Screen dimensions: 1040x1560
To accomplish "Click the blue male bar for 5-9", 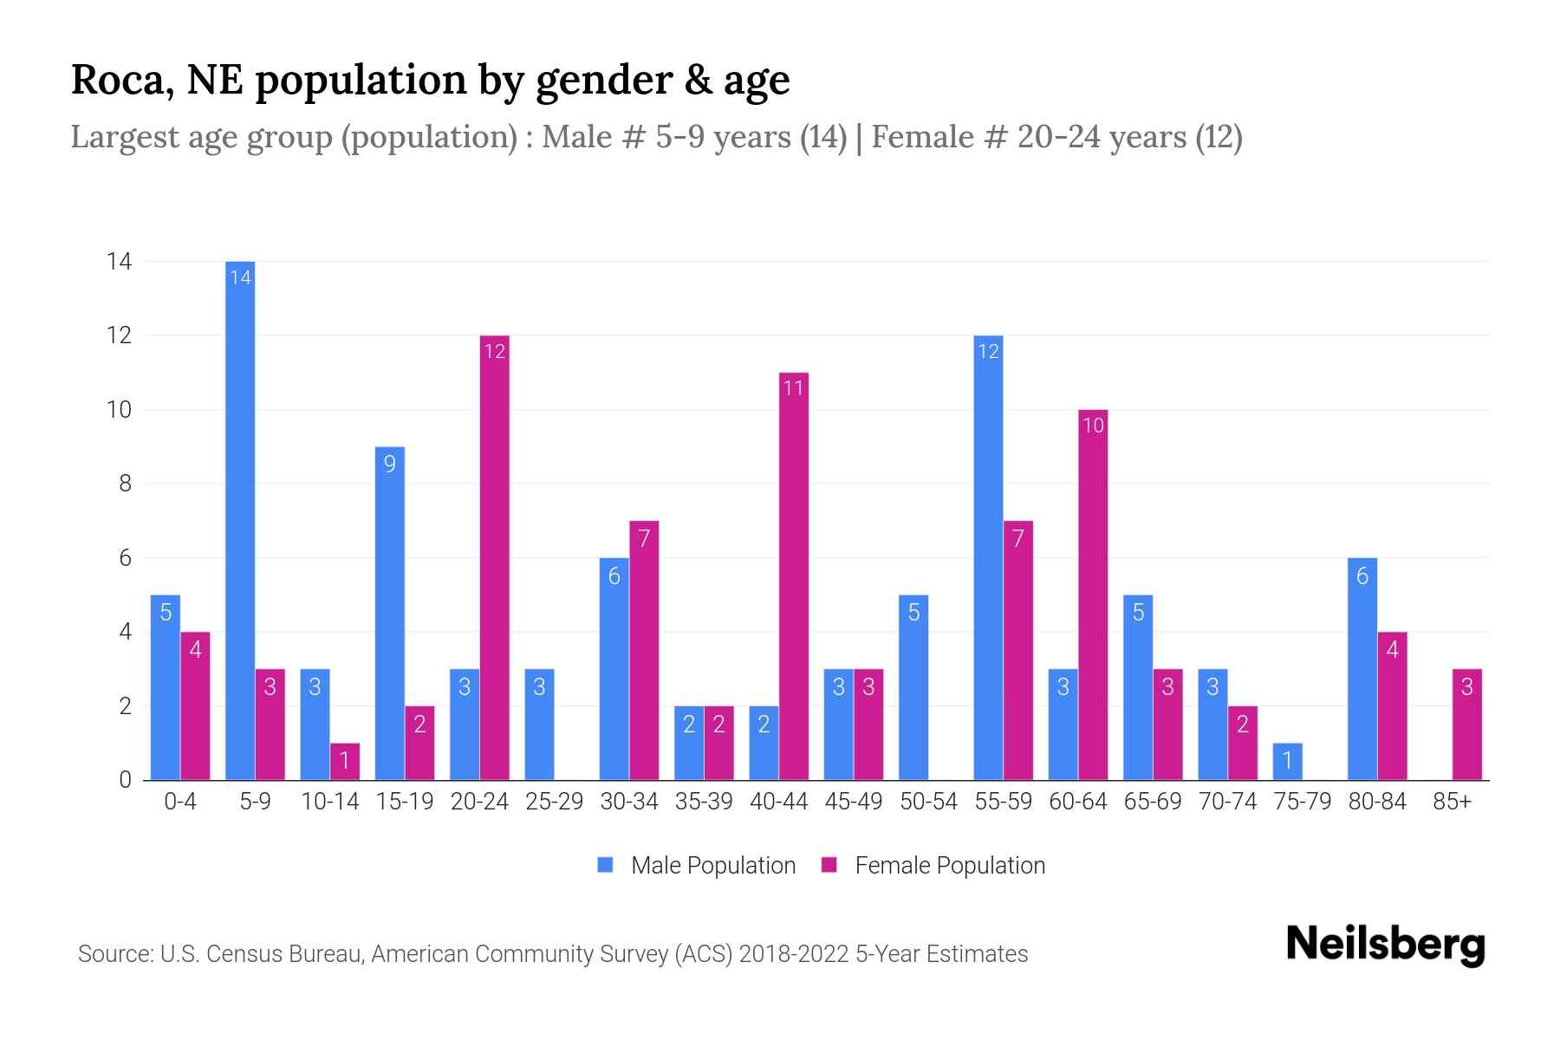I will [x=240, y=520].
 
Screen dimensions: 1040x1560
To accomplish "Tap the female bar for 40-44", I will [x=794, y=576].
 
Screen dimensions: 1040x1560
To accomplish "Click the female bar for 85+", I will [x=1467, y=725].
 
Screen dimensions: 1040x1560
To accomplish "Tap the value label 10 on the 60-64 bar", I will [x=1093, y=425].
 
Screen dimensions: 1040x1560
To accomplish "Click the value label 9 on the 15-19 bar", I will [x=390, y=464].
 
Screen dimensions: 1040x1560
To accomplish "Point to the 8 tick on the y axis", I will [x=126, y=484].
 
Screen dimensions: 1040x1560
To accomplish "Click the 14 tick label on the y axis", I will [x=120, y=261].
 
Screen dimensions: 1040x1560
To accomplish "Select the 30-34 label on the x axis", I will [x=629, y=802].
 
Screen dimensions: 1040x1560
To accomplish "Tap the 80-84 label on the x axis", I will [x=1377, y=802].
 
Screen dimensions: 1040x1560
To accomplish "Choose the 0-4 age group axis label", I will [x=180, y=802].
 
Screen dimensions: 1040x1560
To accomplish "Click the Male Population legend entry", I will [x=712, y=865].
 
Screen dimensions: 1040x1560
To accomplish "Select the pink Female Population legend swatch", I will [x=829, y=865].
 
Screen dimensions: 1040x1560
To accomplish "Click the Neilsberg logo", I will [x=1385, y=945].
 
